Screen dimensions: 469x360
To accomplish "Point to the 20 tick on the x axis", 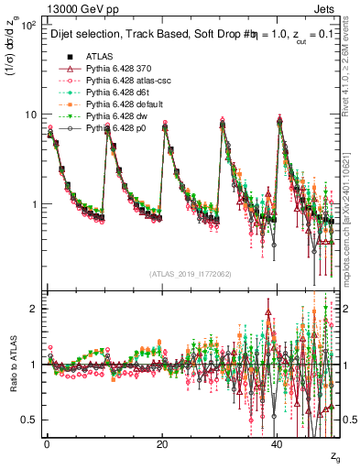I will (162, 444).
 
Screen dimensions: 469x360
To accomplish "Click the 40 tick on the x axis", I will (277, 444).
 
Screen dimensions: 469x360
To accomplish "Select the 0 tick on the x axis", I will (47, 444).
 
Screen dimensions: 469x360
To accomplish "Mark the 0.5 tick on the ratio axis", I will (31, 420).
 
